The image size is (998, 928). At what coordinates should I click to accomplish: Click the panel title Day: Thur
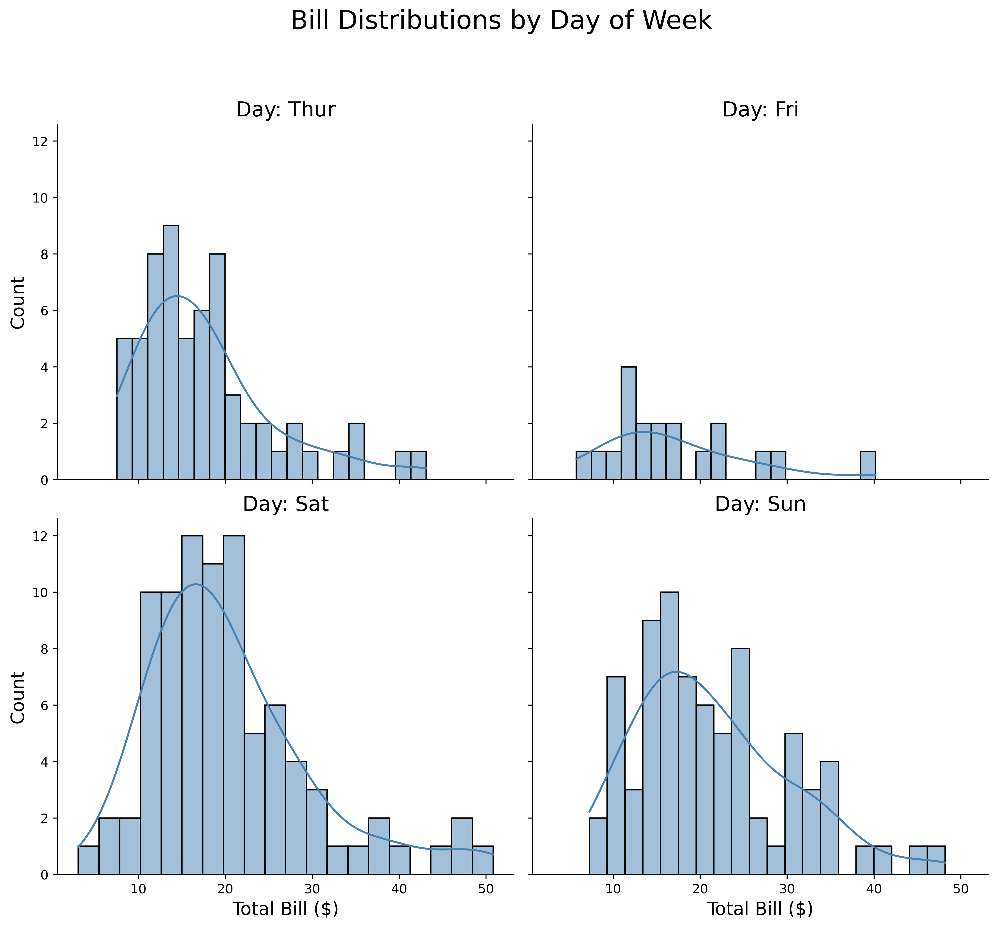click(286, 109)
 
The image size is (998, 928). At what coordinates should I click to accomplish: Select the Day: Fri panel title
click(760, 109)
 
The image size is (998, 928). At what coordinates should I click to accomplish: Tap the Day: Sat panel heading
click(286, 504)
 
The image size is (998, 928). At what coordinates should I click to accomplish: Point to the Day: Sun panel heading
click(760, 504)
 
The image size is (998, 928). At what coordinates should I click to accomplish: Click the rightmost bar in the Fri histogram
click(868, 466)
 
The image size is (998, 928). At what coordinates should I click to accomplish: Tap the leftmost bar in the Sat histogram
click(88, 860)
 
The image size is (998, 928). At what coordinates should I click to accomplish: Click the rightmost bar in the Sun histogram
click(936, 860)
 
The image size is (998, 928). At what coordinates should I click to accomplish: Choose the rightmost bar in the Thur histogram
click(418, 466)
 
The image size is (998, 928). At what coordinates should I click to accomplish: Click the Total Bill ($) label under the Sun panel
click(760, 909)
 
